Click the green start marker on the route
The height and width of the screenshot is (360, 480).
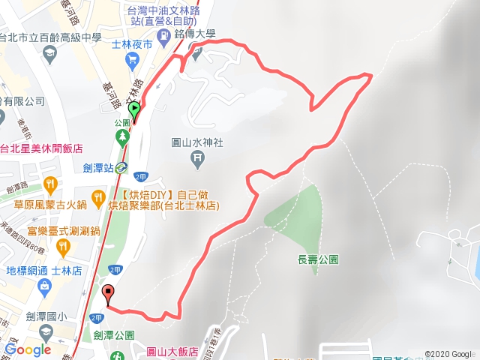click(135, 110)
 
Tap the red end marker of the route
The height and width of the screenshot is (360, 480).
click(109, 293)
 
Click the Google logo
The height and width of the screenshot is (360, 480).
click(28, 349)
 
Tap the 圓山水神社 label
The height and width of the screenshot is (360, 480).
click(198, 142)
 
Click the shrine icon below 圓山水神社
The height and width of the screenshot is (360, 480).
click(197, 157)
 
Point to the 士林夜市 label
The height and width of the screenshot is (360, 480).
click(132, 45)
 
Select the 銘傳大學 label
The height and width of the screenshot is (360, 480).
click(195, 34)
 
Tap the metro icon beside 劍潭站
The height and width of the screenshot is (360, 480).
click(121, 169)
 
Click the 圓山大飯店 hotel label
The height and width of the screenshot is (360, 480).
click(172, 351)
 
